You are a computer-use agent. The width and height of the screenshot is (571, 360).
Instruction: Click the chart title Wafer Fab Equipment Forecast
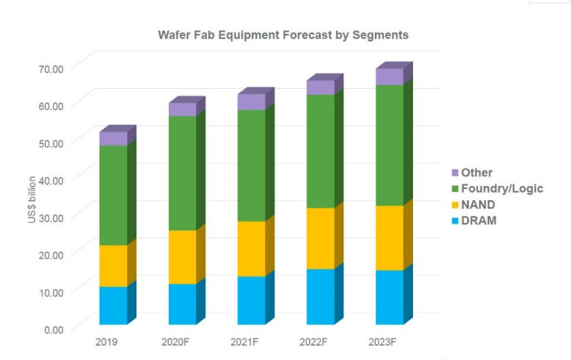click(x=244, y=36)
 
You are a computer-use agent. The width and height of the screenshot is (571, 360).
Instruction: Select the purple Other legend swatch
click(x=455, y=173)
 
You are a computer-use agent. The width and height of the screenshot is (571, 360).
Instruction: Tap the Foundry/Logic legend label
click(x=502, y=189)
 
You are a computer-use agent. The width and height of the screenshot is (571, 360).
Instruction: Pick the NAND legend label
click(x=478, y=205)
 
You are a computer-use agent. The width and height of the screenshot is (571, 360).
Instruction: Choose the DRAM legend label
click(x=479, y=221)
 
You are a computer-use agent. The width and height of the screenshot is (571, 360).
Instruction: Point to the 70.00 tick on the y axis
click(x=51, y=68)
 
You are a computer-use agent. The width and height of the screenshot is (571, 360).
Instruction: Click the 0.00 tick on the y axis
click(x=54, y=330)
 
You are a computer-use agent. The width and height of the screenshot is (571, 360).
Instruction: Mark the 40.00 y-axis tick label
click(x=51, y=180)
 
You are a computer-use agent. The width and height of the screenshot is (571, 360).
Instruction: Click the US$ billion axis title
click(x=32, y=200)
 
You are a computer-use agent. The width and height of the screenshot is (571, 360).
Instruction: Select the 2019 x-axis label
click(x=106, y=343)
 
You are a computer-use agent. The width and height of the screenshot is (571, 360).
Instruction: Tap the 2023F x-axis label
click(x=382, y=343)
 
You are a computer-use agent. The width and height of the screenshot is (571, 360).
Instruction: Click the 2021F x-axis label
click(x=244, y=343)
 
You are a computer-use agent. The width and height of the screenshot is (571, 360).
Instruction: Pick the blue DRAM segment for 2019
click(x=113, y=305)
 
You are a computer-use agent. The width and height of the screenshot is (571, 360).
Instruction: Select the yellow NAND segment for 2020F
click(x=183, y=257)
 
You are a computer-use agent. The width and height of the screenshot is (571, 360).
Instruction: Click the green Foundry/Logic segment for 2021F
click(x=252, y=165)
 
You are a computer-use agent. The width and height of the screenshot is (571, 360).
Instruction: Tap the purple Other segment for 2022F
click(x=321, y=87)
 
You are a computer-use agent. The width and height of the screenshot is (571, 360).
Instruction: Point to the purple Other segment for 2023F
click(x=390, y=76)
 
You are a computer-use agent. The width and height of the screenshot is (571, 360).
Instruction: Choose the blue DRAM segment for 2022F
click(x=321, y=297)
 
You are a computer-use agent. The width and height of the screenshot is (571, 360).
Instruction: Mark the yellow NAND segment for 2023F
click(x=390, y=238)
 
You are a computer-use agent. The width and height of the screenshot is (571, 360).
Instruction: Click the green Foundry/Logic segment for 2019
click(x=113, y=195)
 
